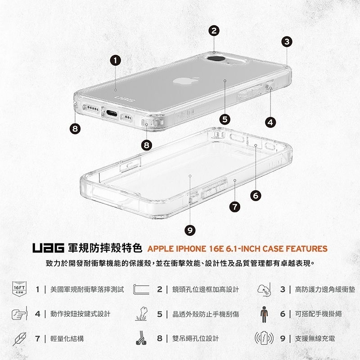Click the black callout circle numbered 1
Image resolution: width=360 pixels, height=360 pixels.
coord(116,60)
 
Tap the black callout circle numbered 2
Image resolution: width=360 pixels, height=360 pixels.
coord(214,31)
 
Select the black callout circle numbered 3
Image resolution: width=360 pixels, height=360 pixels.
coord(287,43)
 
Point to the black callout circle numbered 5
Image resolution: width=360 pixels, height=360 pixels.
coord(225,119)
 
